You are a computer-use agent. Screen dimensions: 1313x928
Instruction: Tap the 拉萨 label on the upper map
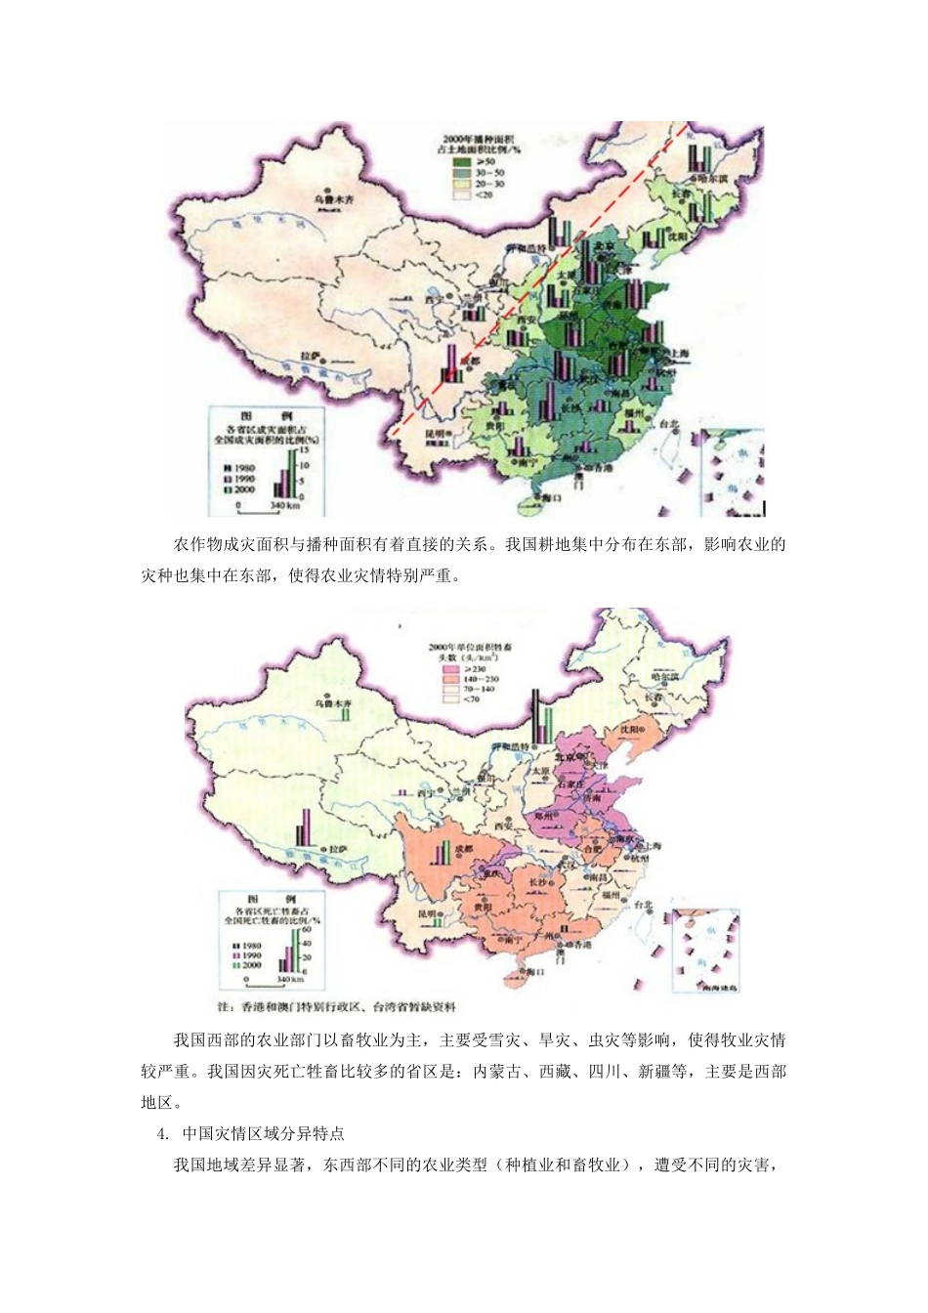pos(311,356)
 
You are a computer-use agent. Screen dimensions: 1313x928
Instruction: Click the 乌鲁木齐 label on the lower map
pos(333,702)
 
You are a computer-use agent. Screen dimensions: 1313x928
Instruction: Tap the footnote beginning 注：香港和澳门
pos(337,1006)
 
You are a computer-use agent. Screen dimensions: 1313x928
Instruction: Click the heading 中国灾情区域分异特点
pos(263,1133)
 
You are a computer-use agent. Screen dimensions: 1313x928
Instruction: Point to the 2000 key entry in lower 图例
pos(249,965)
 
